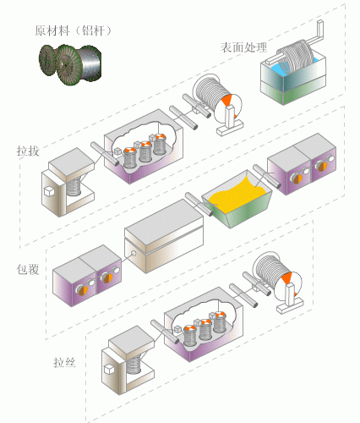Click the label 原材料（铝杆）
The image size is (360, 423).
pyautogui.click(x=74, y=30)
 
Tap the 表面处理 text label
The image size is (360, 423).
pyautogui.click(x=243, y=47)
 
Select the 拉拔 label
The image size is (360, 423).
pyautogui.click(x=28, y=151)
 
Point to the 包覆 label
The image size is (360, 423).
pyautogui.click(x=28, y=269)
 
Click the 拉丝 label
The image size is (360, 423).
pyautogui.click(x=64, y=362)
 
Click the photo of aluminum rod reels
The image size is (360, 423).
pyautogui.click(x=70, y=64)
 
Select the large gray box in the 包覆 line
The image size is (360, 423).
pyautogui.click(x=164, y=236)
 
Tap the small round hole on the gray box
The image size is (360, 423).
pyautogui.click(x=134, y=253)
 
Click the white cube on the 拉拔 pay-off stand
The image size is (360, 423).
pyautogui.click(x=49, y=191)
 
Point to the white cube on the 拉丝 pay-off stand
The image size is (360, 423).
pyautogui.click(x=108, y=369)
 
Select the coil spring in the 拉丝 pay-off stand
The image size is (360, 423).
pyautogui.click(x=134, y=365)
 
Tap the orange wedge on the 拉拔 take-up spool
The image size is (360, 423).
pyautogui.click(x=226, y=99)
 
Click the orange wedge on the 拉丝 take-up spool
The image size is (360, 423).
pyautogui.click(x=286, y=277)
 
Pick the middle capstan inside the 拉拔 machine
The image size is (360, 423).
pyautogui.click(x=145, y=151)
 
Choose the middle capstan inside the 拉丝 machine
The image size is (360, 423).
pyautogui.click(x=205, y=329)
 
